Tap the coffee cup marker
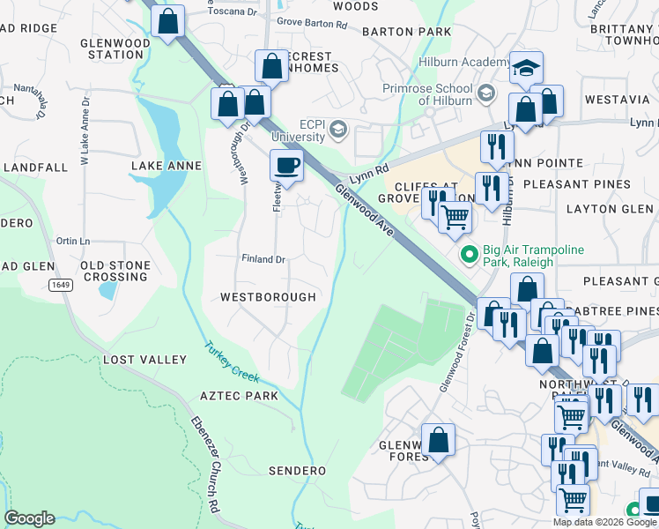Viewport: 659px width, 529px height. point(287,164)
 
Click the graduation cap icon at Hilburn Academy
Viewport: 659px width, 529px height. point(526,67)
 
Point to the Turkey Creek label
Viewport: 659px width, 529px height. point(233,361)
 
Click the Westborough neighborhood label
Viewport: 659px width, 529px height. point(268,297)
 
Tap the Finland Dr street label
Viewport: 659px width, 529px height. point(264,259)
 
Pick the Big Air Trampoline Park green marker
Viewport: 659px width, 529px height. point(469,256)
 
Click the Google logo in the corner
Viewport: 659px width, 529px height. point(29,518)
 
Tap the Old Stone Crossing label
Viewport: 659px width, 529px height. point(115,271)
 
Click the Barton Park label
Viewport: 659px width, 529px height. point(406,32)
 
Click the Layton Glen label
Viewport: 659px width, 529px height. point(610,209)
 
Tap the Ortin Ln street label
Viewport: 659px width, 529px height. point(73,241)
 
